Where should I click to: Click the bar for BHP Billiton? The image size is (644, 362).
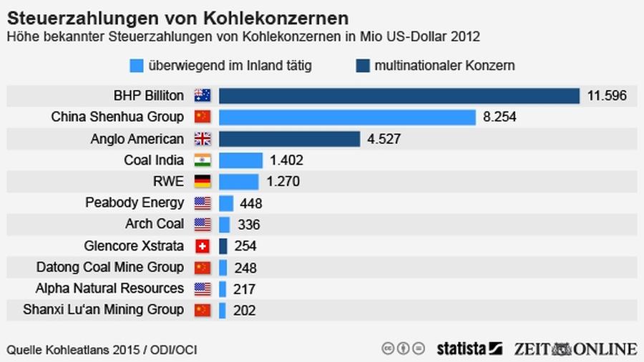[x=399, y=96]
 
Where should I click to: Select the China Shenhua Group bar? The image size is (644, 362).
[x=347, y=117]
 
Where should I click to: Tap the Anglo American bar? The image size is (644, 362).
[x=289, y=139]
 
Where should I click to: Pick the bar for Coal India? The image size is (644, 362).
[x=240, y=160]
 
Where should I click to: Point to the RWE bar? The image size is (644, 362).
[x=238, y=182]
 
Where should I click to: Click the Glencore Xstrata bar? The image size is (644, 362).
[x=223, y=246]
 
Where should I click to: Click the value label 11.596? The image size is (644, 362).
[x=606, y=96]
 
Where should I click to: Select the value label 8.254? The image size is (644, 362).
[x=499, y=117]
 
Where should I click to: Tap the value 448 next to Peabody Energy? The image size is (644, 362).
[x=251, y=203]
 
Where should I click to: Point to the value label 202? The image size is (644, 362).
[x=244, y=310]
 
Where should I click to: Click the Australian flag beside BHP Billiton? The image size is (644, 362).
[x=203, y=96]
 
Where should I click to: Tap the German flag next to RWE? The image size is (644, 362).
[x=203, y=182]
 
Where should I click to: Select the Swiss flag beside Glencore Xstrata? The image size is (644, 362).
[x=203, y=246]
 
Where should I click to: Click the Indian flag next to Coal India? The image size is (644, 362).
[x=203, y=160]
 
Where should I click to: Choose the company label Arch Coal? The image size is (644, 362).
[x=155, y=224]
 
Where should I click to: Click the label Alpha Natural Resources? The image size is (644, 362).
[x=109, y=288]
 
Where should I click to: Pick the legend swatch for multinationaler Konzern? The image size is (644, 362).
[x=362, y=66]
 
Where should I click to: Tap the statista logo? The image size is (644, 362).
[x=469, y=349]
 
